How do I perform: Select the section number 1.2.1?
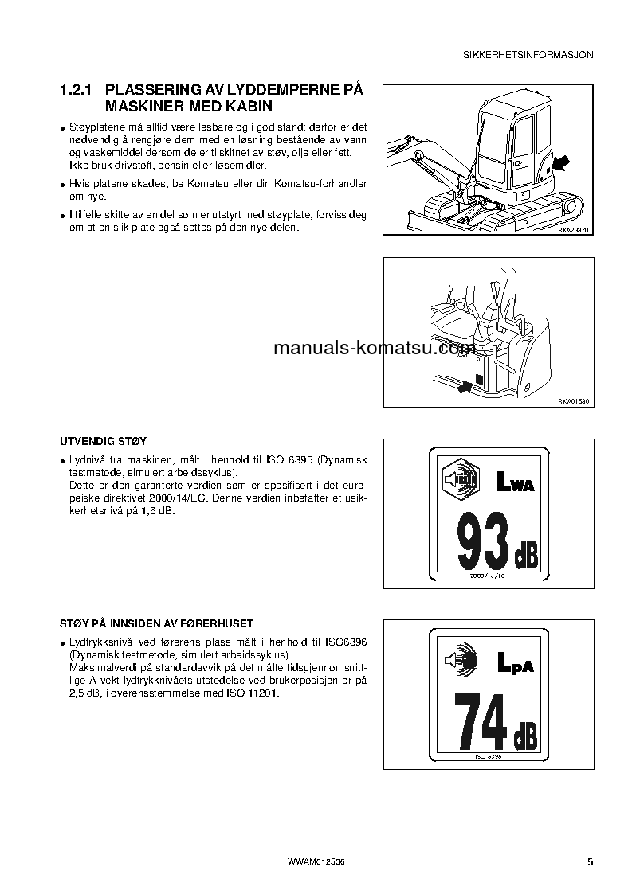click(77, 91)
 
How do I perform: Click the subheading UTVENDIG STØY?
click(104, 440)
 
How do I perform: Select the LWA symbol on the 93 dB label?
click(515, 482)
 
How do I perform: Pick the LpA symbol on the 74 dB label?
click(515, 662)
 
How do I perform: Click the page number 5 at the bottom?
click(590, 862)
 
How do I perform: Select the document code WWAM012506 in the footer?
click(316, 862)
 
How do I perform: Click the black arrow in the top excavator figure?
click(561, 164)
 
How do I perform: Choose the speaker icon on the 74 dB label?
click(459, 660)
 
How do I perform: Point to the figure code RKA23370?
click(572, 229)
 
